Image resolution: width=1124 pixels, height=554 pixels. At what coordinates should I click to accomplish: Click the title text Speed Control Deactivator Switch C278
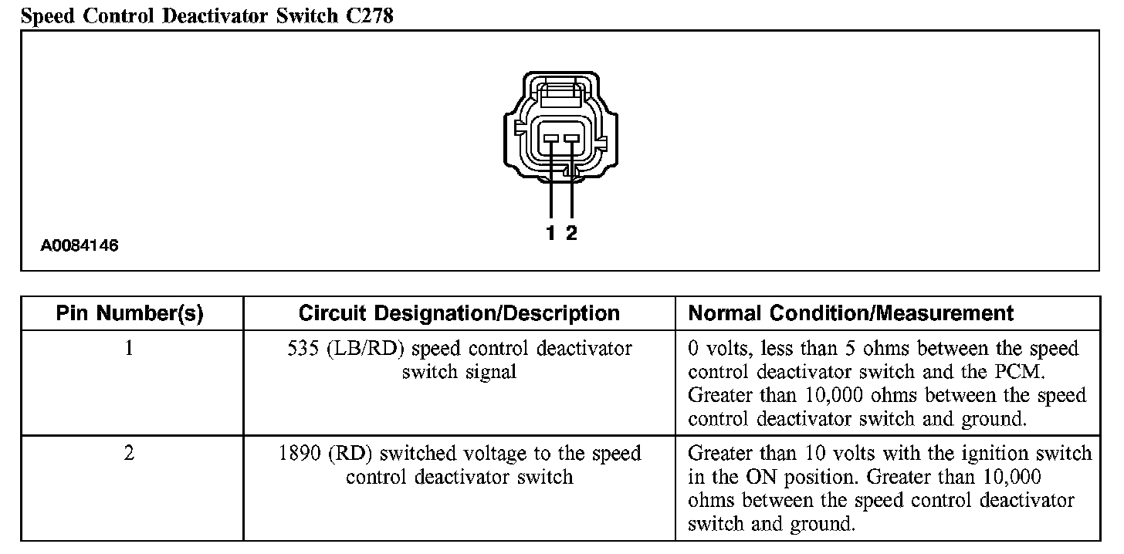pos(207,16)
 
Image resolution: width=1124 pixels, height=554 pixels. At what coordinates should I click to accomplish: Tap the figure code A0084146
pos(80,246)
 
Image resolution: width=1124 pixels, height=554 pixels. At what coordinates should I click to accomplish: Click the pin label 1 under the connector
pos(550,233)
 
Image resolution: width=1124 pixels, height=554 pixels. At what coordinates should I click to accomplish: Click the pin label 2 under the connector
pos(571,233)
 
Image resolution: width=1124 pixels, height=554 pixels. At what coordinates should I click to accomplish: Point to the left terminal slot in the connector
pos(551,139)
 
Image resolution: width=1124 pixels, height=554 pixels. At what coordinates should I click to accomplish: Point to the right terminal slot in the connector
pos(571,139)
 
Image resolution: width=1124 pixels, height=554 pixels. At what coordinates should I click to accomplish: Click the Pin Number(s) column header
pos(130,313)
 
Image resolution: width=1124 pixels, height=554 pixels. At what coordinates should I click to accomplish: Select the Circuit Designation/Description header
pos(459,313)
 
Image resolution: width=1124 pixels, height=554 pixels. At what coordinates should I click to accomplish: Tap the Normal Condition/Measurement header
pos(851,313)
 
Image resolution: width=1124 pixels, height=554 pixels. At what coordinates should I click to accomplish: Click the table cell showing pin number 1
pos(129,349)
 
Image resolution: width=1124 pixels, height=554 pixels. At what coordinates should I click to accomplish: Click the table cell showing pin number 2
pos(129,453)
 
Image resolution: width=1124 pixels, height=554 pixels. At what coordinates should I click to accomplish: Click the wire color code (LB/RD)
pos(362,349)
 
